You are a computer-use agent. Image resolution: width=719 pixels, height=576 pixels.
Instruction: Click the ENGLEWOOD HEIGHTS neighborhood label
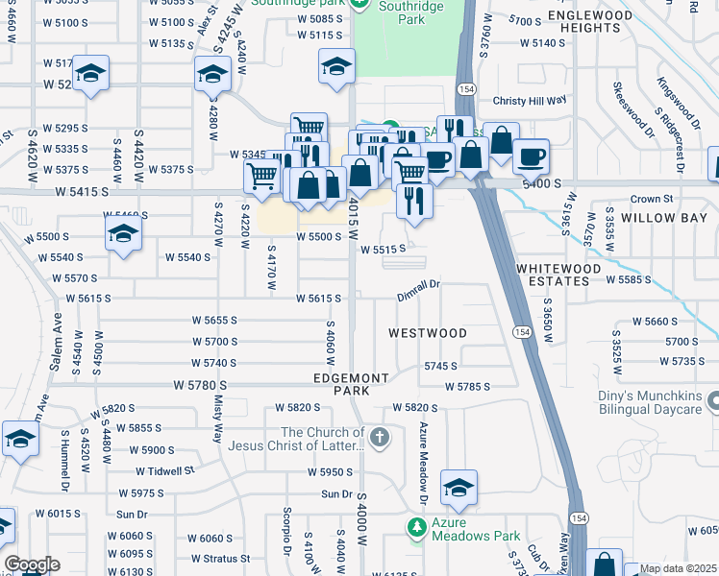coord(604,22)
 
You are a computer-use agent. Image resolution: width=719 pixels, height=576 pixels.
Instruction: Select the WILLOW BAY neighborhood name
coord(664,218)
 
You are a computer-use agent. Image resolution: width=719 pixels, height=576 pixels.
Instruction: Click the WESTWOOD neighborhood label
coord(428,333)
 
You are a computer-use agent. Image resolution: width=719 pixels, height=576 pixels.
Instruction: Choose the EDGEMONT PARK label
coord(351,384)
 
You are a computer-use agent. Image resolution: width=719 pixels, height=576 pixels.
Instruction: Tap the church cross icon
coord(380,439)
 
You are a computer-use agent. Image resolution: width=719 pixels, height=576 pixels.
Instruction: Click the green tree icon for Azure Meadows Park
coord(416,527)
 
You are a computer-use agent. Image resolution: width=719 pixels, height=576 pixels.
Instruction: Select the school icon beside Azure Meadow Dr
coord(459,489)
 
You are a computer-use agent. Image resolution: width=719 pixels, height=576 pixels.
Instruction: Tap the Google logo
coord(32,564)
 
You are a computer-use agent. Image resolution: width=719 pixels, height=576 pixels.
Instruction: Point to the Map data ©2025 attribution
coord(678,568)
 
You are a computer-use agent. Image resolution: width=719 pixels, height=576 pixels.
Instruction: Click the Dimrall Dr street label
coord(419,284)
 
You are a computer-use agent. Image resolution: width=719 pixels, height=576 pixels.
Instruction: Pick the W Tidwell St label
coord(164,471)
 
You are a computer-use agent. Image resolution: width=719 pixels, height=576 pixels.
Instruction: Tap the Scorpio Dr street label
coord(286,531)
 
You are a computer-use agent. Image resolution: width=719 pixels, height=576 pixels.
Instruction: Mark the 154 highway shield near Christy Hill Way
coord(466,88)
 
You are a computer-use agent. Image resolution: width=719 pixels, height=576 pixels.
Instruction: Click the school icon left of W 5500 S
coord(123,233)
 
